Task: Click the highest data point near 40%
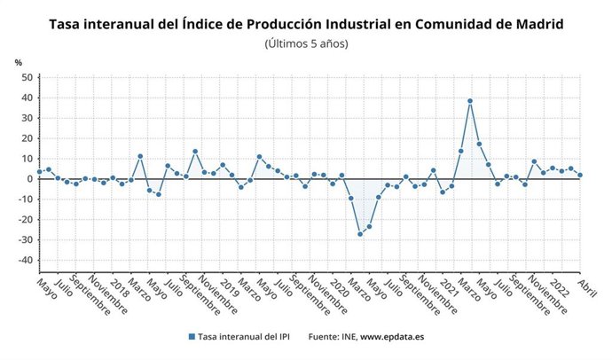tap(470, 101)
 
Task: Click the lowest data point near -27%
tap(360, 234)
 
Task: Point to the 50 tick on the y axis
tap(27, 78)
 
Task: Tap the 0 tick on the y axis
tap(29, 179)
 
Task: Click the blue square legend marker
tap(192, 337)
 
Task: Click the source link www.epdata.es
tap(391, 337)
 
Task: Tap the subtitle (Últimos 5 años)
tap(306, 43)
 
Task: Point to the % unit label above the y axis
tap(18, 62)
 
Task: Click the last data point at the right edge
tap(580, 175)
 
